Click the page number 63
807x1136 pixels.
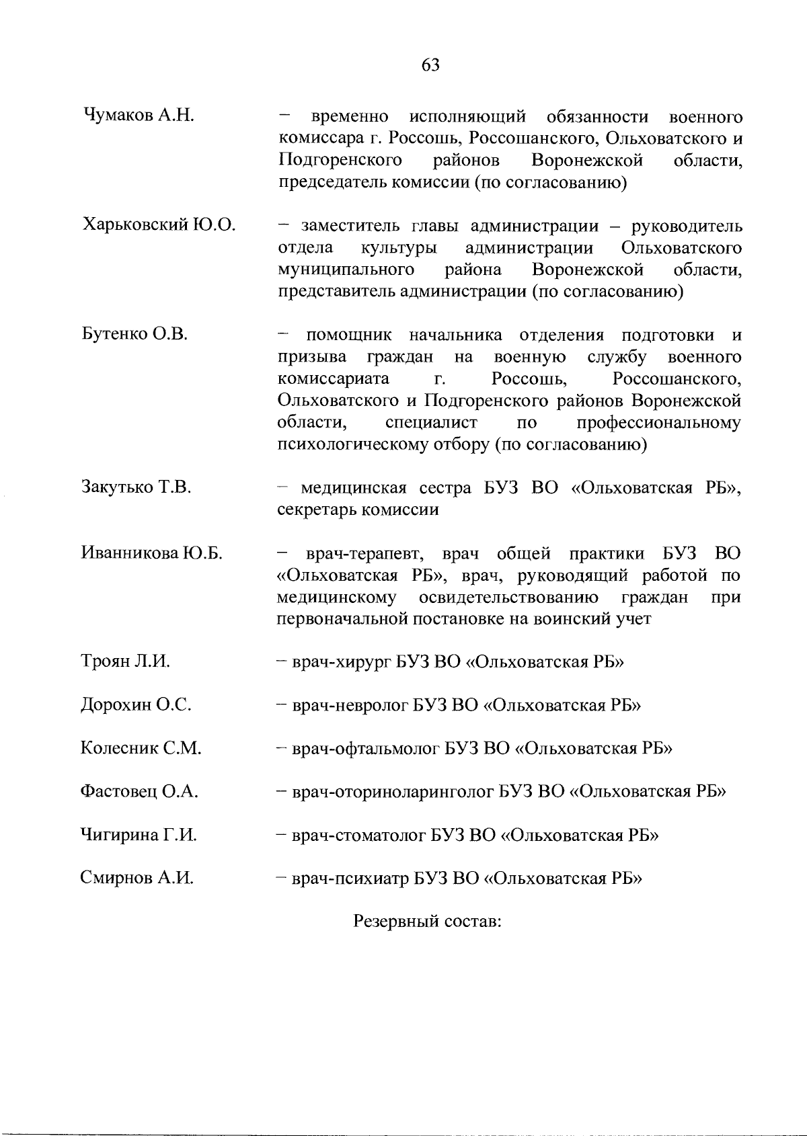click(430, 65)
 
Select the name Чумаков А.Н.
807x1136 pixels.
click(139, 115)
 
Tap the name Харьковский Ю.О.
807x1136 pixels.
click(159, 225)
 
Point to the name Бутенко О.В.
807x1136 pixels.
click(134, 334)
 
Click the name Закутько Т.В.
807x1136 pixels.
click(136, 487)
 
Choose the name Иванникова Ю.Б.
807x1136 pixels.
click(152, 553)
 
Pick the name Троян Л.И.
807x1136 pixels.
click(125, 661)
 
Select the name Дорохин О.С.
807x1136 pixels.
click(136, 705)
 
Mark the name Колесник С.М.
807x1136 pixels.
click(141, 748)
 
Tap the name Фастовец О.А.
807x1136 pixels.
click(139, 791)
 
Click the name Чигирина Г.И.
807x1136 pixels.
click(139, 835)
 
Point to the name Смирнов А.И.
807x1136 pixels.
click(137, 878)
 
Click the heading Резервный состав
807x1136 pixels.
click(428, 921)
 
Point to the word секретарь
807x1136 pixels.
click(317, 510)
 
